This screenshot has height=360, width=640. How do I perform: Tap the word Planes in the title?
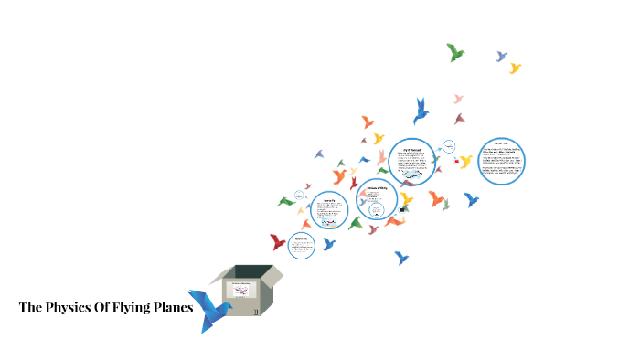coord(172,307)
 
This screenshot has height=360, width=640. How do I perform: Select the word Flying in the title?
coord(132,307)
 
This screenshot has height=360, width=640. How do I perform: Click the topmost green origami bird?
coord(455,52)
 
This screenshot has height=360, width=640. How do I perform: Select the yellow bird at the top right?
coord(515,68)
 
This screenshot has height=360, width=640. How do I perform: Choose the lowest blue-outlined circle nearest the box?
coord(301,244)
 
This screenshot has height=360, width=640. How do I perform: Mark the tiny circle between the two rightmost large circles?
coord(449,147)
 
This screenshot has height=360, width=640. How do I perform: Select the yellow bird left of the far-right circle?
coord(465,162)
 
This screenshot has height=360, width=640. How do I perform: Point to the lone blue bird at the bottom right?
coord(401,258)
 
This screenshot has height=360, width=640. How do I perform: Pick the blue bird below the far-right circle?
coord(471,199)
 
